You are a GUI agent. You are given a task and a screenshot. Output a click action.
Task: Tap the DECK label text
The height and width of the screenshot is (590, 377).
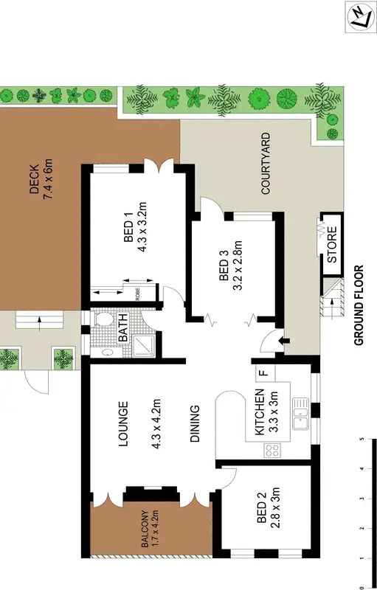click(34, 180)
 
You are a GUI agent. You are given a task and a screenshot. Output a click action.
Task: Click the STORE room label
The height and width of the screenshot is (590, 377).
click(331, 249)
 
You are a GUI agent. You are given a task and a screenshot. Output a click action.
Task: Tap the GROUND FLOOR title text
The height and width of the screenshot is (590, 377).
click(360, 305)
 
